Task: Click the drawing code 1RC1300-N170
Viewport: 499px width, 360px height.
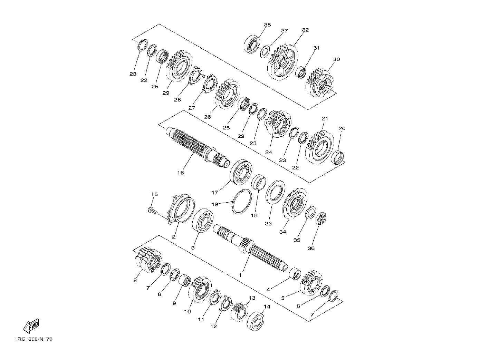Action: click(33, 339)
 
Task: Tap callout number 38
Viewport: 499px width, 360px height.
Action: click(267, 25)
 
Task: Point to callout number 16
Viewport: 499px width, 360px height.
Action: click(181, 173)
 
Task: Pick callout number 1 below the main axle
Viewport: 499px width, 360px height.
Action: click(240, 275)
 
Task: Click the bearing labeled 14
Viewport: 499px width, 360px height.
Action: click(256, 321)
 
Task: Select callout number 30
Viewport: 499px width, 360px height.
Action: click(336, 59)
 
